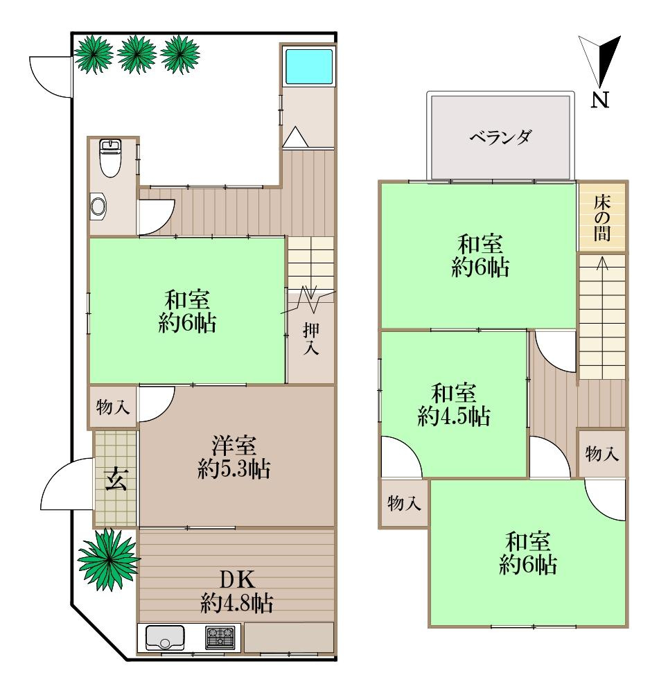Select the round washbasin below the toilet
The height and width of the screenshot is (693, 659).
coord(100,206)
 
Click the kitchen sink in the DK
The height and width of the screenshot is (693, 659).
coord(165,636)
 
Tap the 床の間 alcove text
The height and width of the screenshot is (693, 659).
coord(602,218)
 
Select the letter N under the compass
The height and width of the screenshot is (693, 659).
coord(600,101)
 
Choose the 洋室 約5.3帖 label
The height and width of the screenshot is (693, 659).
coord(234,455)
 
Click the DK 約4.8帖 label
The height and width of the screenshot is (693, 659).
coord(236,590)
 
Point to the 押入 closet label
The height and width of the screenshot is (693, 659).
coord(311,339)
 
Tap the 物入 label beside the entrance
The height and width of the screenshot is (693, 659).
coord(112,407)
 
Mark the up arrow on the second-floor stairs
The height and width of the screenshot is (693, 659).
coord(601,263)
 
